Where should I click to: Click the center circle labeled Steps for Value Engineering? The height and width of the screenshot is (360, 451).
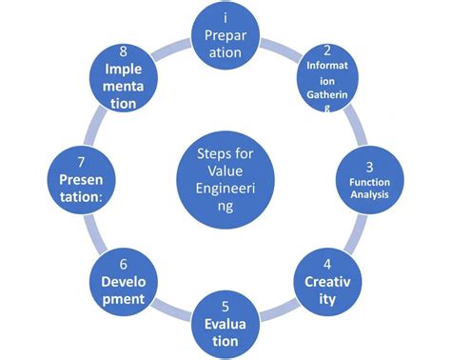pyautogui.click(x=225, y=180)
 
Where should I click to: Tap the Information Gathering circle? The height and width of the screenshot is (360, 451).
pyautogui.click(x=326, y=81)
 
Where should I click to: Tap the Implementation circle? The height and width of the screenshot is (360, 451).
pyautogui.click(x=124, y=80)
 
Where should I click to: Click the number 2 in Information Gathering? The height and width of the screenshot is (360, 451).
pyautogui.click(x=326, y=50)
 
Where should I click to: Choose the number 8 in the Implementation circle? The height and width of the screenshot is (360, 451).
pyautogui.click(x=124, y=50)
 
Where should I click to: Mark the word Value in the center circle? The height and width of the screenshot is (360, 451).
pyautogui.click(x=225, y=172)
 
